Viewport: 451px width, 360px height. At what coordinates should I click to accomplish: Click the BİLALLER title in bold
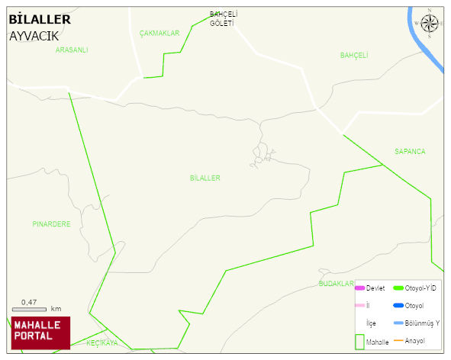pos(40,20)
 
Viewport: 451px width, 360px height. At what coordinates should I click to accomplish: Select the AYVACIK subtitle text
pos(34,36)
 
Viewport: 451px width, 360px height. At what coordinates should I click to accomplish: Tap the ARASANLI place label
pos(72,50)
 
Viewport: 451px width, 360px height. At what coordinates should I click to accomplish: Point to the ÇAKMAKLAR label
pos(159,34)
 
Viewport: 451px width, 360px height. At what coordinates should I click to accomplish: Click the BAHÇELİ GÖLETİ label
pos(224,18)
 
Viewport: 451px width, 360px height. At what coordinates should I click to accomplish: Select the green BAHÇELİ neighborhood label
pos(354,55)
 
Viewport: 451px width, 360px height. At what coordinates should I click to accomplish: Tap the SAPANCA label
pos(410,152)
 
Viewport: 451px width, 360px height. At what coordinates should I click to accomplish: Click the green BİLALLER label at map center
pos(205,178)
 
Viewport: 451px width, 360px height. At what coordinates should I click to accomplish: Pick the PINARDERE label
pos(51,224)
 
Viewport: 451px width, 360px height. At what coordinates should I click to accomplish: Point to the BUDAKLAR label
pos(336,284)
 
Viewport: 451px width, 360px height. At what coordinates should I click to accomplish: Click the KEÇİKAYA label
pos(101,343)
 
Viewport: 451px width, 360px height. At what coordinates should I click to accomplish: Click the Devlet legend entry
pos(370,288)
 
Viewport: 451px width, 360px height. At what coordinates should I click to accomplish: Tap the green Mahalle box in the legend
pos(359,342)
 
